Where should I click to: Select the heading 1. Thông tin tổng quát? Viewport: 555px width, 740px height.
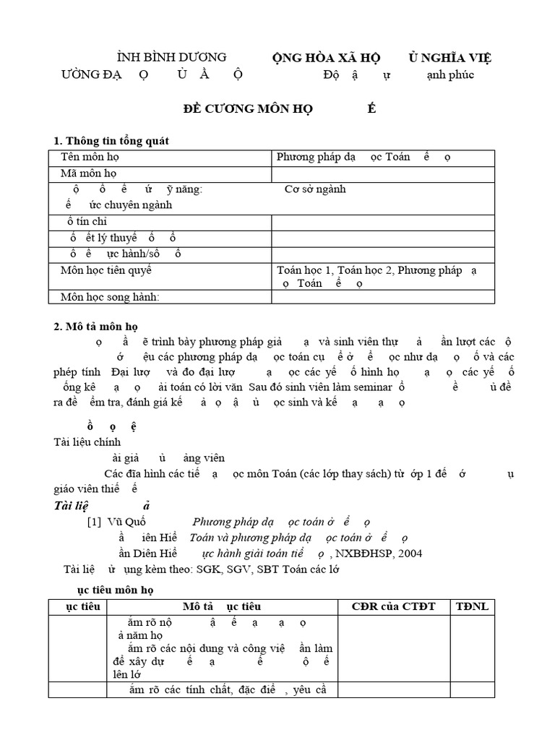coord(112,140)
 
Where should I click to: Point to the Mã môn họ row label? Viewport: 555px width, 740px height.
coord(88,173)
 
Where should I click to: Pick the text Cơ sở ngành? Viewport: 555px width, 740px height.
coord(315,189)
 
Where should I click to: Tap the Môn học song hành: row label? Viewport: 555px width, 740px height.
coord(109,296)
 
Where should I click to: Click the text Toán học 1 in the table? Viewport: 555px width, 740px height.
coord(304,270)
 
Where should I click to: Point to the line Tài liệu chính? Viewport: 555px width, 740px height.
coord(87,442)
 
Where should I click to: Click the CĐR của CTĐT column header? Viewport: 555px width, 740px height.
coord(392,606)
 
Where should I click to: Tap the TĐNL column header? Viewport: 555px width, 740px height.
coord(472,606)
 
